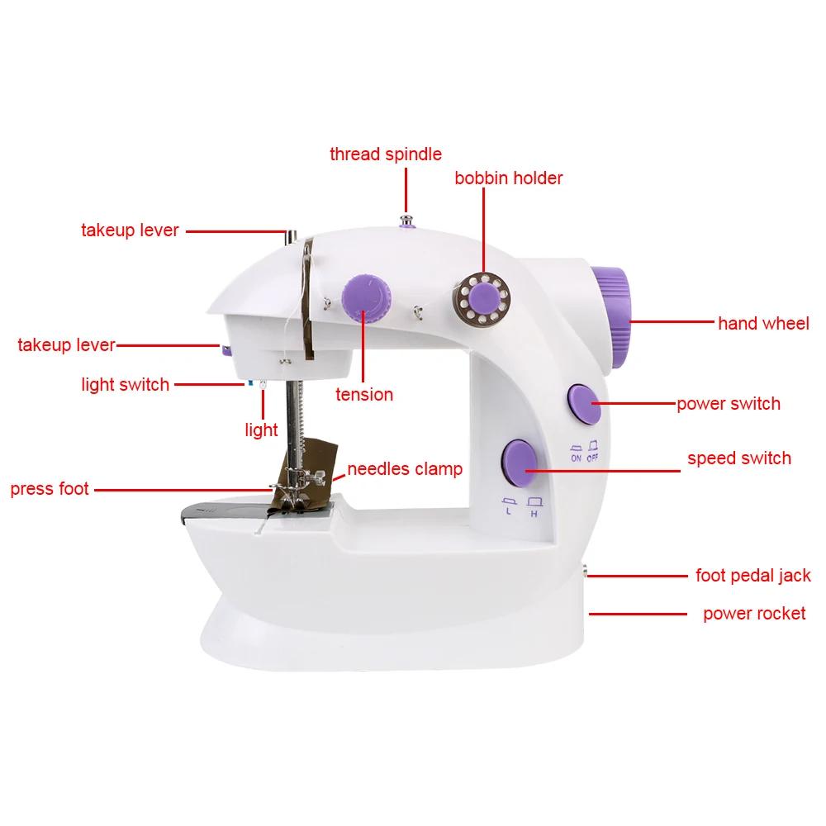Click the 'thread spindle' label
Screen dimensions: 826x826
386,154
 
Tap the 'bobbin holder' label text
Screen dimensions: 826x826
509,178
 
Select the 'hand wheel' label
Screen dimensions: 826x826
763,324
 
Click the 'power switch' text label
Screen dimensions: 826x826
729,404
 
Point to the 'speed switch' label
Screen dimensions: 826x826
739,458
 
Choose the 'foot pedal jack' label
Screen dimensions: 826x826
753,576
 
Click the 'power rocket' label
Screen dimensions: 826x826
754,614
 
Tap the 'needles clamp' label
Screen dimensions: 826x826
405,469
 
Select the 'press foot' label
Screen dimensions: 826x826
50,489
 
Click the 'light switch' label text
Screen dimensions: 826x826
126,384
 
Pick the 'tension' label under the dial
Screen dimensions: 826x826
364,395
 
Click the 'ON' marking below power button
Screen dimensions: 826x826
576,458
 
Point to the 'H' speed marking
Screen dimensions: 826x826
534,514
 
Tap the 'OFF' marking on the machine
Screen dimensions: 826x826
593,458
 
